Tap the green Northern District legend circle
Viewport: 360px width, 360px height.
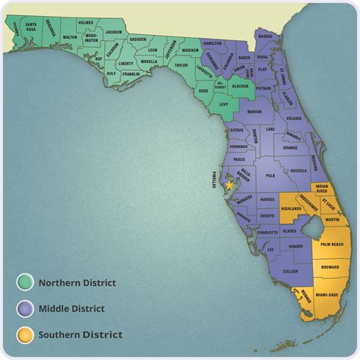[24, 283]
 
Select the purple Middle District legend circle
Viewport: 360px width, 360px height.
[24, 308]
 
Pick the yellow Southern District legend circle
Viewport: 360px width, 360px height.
[24, 333]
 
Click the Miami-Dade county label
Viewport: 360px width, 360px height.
[332, 295]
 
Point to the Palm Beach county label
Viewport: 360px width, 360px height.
[332, 245]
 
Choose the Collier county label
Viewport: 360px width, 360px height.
[290, 271]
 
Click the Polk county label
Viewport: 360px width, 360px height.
[270, 175]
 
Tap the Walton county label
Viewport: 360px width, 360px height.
[70, 36]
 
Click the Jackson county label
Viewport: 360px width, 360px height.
[114, 31]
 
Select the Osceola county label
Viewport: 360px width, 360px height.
[298, 170]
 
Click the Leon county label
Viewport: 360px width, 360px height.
[153, 50]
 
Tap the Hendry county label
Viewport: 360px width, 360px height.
[296, 247]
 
